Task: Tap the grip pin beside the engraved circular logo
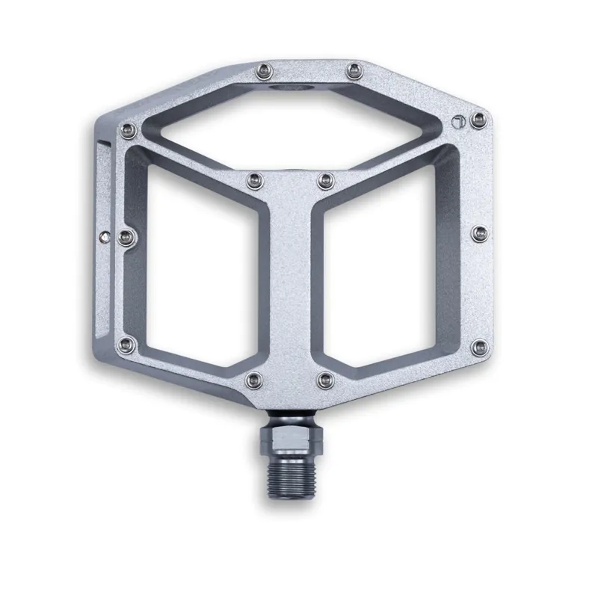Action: click(x=477, y=120)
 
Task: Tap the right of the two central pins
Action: click(x=325, y=179)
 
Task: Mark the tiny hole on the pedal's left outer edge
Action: click(x=103, y=236)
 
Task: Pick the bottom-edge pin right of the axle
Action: click(x=324, y=380)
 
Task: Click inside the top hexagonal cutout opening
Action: click(x=299, y=127)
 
